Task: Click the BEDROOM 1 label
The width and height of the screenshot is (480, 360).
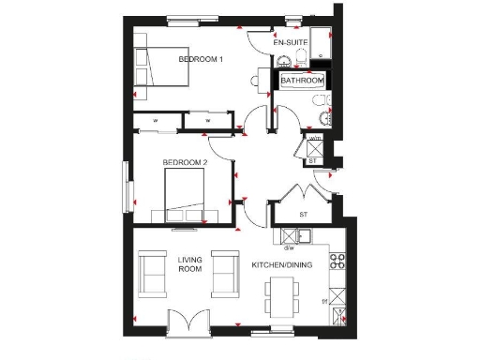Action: [x=201, y=60]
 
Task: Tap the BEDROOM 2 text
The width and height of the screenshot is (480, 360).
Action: [x=185, y=162]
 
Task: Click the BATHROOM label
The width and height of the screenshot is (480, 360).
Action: [x=302, y=82]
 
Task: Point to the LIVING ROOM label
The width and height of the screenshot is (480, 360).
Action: [x=190, y=263]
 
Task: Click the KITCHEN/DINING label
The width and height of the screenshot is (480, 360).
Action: [x=281, y=265]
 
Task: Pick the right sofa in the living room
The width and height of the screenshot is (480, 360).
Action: [x=224, y=272]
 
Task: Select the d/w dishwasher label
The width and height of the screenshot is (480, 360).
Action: [x=289, y=247]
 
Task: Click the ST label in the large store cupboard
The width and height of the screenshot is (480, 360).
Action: [x=303, y=214]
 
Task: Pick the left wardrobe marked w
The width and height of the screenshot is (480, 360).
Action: [x=156, y=121]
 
